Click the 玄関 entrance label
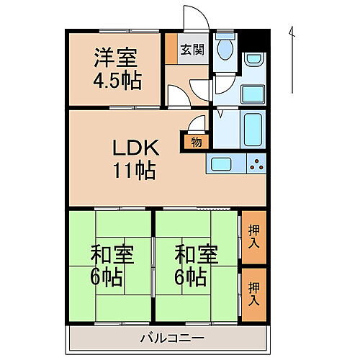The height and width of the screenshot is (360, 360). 192,50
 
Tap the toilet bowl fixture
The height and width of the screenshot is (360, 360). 225,49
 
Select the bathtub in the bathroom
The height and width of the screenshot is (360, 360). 252,130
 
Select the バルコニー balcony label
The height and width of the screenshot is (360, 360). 171,337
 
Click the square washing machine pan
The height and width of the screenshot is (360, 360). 252,93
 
